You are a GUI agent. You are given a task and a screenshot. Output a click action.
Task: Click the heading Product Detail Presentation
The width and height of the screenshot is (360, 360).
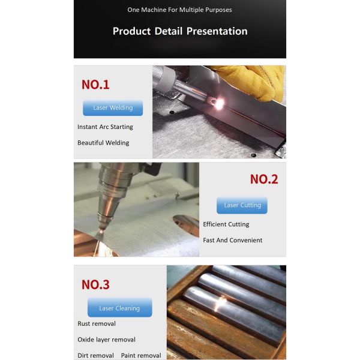tap(180, 31)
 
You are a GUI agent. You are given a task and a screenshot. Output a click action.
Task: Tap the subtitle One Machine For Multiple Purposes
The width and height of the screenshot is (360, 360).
tap(180, 10)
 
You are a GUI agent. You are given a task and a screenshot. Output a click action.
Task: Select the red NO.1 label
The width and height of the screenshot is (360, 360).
tap(95, 85)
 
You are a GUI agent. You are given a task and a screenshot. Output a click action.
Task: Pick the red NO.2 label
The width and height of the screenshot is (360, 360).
tap(264, 179)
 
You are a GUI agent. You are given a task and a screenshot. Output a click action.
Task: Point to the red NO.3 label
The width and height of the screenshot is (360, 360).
tap(95, 284)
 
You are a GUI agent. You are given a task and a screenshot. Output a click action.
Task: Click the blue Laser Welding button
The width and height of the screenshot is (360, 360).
tap(113, 108)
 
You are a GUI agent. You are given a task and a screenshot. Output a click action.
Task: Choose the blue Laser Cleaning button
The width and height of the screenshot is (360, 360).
tap(119, 308)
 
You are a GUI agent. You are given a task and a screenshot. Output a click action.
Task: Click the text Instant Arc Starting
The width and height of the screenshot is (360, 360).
tap(105, 127)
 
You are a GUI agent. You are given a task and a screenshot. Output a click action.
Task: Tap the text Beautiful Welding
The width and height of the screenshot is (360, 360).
tap(103, 143)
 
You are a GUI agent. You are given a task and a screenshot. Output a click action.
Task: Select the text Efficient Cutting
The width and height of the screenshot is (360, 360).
tap(226, 224)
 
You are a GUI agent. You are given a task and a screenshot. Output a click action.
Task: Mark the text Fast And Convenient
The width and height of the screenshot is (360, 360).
tap(232, 240)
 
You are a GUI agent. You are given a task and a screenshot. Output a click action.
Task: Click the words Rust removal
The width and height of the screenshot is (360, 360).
tap(96, 324)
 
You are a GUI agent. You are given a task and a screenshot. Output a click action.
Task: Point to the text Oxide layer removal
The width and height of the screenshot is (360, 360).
tap(106, 340)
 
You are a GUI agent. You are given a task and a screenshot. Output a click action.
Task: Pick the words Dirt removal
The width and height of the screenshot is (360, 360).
tap(95, 355)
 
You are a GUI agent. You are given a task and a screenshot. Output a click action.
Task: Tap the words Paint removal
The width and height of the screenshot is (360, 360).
tap(141, 355)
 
